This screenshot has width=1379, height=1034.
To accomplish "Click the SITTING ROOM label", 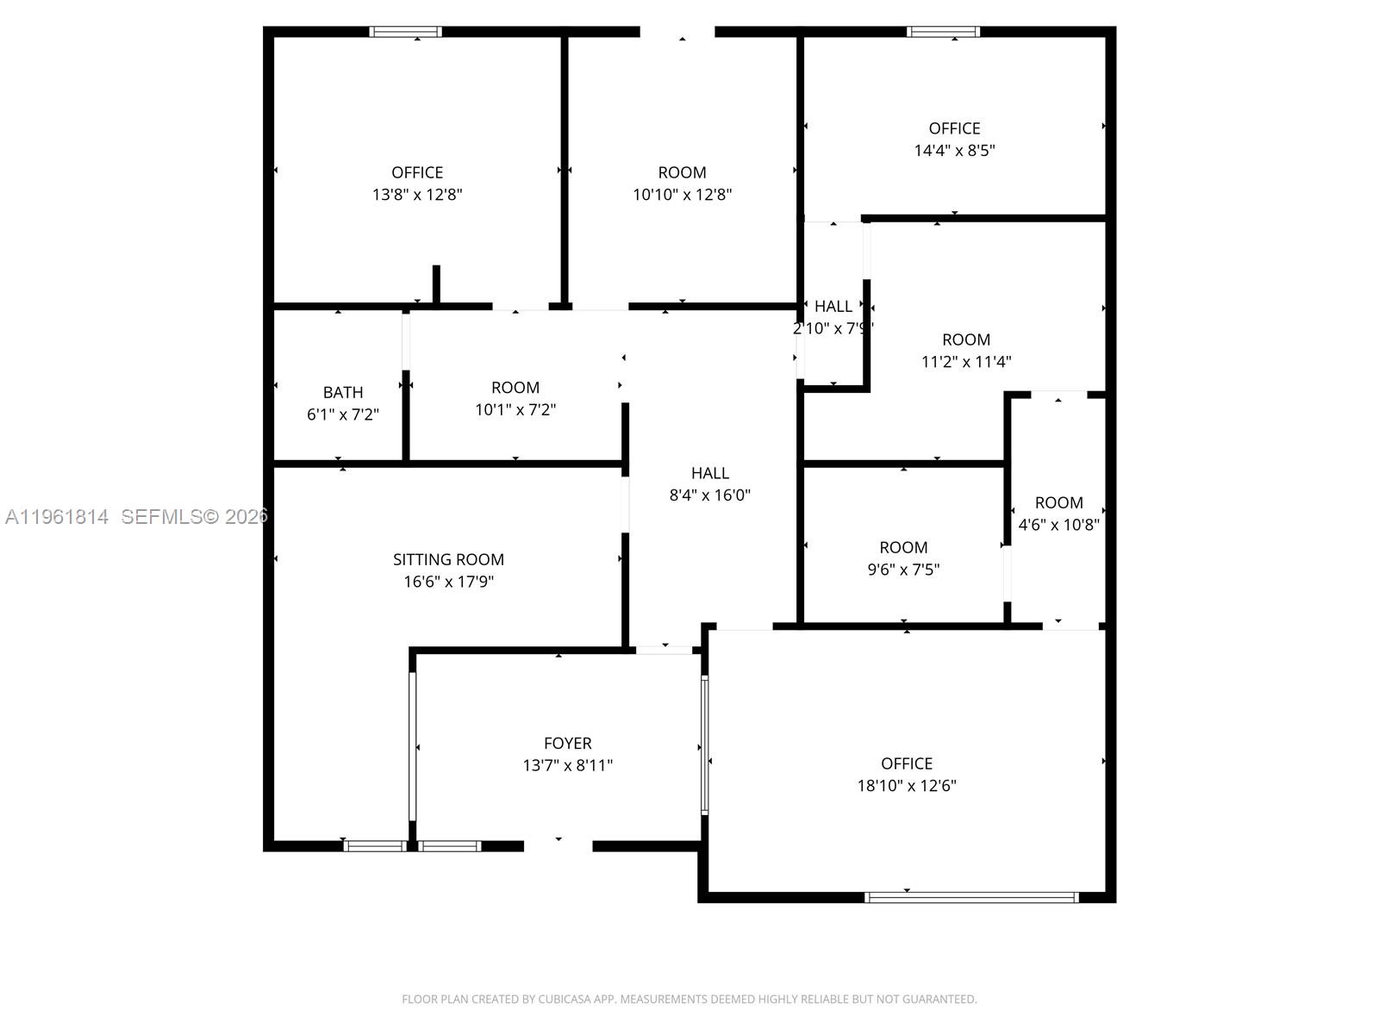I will (x=448, y=559).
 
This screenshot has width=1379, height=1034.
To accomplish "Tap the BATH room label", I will (x=343, y=392).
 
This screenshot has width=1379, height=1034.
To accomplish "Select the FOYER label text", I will (x=567, y=743).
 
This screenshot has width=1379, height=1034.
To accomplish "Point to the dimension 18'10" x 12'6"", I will (x=907, y=785).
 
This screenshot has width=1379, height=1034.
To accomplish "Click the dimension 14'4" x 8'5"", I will (x=954, y=150).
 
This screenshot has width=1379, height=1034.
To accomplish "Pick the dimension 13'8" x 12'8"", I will (x=417, y=194).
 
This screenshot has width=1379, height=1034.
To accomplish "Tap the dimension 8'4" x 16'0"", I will (x=709, y=495).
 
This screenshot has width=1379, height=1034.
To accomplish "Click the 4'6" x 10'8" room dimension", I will (x=1058, y=524).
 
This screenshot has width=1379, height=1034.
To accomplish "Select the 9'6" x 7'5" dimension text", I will (x=903, y=569).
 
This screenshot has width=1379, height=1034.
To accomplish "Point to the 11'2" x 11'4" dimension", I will (x=965, y=361).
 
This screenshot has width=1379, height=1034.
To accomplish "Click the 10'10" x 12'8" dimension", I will (x=682, y=194).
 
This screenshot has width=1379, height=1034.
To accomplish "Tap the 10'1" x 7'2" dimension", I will (x=515, y=409).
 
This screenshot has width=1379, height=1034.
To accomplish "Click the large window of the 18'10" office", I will (x=971, y=897).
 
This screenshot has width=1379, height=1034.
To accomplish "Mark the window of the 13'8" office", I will (x=406, y=32).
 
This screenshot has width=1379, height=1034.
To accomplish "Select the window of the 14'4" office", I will (x=943, y=32).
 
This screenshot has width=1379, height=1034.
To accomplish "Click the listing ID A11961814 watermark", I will (x=57, y=516).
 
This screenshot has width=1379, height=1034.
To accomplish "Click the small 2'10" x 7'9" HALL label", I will (x=833, y=307).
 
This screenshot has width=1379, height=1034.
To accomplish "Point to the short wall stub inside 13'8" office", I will (x=436, y=284).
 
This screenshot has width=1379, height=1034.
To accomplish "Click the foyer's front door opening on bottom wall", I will (x=558, y=846).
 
